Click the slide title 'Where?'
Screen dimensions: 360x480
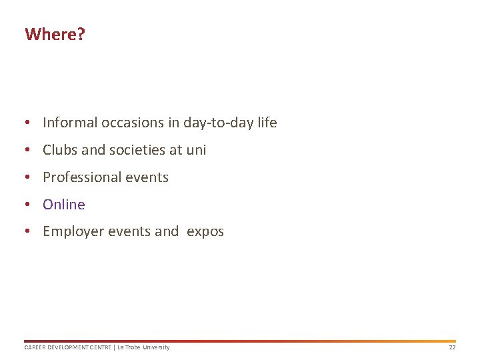55,34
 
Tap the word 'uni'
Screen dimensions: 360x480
196,150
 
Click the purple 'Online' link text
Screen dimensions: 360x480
64,205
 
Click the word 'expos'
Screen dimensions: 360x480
205,232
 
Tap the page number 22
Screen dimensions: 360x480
452,347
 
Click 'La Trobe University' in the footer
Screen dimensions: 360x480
143,347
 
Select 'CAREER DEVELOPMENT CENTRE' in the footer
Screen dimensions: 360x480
67,347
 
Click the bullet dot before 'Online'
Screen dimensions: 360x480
27,205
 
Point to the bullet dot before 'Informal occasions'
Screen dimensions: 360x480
27,123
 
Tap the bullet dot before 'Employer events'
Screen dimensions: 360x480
27,232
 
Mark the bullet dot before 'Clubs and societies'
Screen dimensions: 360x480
27,150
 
